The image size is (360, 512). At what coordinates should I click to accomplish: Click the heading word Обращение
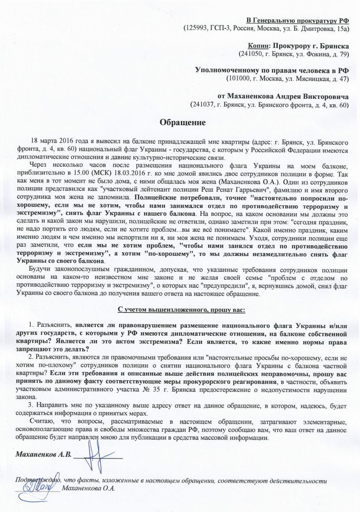tap(182, 122)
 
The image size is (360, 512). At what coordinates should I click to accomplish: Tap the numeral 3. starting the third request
tap(30, 405)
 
